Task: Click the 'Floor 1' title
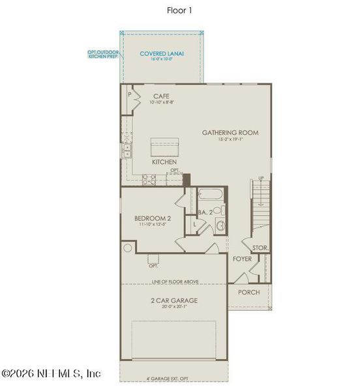(x=179, y=10)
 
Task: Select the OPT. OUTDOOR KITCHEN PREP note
(x=103, y=54)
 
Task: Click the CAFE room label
(x=161, y=96)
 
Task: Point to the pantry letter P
(x=130, y=94)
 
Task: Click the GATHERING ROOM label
(x=230, y=132)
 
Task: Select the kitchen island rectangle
(x=164, y=145)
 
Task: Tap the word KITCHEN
(x=164, y=161)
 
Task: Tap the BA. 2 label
(x=206, y=212)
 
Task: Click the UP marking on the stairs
(x=262, y=178)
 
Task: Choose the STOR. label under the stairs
(x=260, y=248)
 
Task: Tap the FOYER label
(x=242, y=259)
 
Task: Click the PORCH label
(x=248, y=292)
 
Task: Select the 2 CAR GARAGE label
(x=173, y=300)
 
